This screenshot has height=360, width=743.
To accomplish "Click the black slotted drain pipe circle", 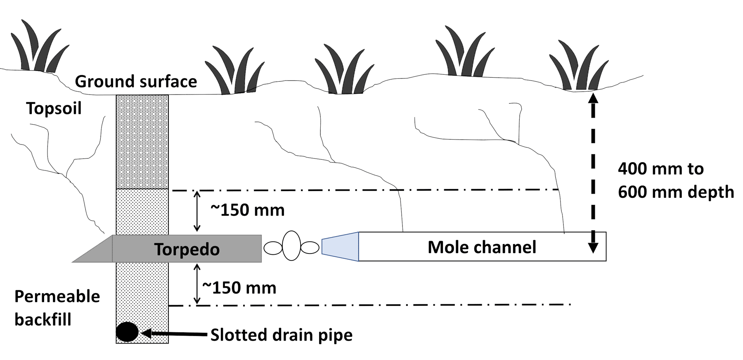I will (127, 332).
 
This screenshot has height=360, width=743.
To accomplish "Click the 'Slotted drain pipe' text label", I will (282, 335).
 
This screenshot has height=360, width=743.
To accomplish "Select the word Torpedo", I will (187, 249).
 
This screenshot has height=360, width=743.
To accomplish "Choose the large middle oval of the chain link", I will (291, 246).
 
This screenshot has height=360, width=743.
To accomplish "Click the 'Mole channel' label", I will (482, 247).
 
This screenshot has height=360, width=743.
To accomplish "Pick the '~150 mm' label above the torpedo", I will (248, 210).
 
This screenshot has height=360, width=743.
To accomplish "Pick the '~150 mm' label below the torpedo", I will (239, 287).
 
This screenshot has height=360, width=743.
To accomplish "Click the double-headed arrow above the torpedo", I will (197, 211).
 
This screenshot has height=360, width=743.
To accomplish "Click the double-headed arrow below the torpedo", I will (197, 284).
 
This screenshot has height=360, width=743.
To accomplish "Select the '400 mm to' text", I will (660, 168).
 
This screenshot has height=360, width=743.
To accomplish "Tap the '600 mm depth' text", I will (676, 192).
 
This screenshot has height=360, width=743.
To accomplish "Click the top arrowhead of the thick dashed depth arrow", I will (593, 98).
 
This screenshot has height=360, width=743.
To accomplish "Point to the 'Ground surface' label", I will (136, 81).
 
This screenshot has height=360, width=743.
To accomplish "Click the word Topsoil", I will (54, 108).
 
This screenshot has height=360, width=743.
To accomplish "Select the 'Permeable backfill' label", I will (57, 308).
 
